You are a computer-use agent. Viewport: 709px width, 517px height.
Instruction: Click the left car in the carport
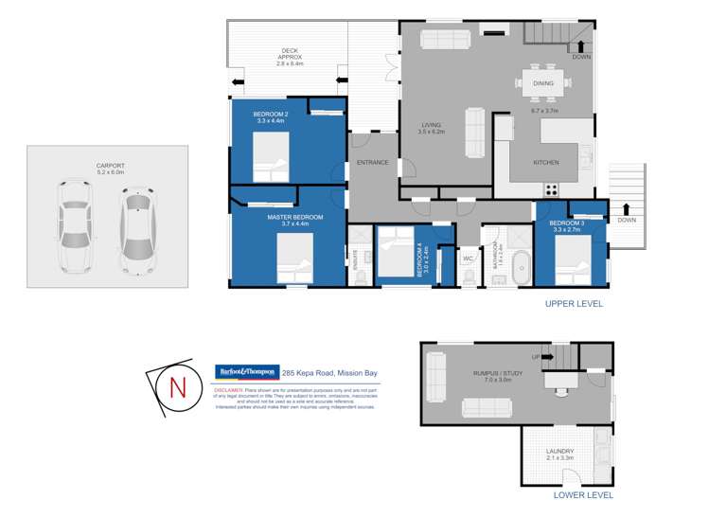[74, 227]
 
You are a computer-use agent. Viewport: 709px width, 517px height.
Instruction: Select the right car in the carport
[137, 232]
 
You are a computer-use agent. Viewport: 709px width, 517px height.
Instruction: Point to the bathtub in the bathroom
[522, 267]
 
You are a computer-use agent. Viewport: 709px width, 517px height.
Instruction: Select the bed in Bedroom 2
[271, 156]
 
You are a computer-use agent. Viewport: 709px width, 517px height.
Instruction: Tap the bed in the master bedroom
[294, 257]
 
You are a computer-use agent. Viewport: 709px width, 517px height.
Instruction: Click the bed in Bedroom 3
[573, 258]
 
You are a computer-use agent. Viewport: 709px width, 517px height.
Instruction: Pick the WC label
[468, 258]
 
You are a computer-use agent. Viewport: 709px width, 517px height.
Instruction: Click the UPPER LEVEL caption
[574, 304]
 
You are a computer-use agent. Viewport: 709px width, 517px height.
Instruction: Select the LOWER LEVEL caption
[582, 494]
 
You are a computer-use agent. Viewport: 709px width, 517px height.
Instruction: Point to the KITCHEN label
[546, 162]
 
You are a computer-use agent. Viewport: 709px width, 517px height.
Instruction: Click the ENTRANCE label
[372, 162]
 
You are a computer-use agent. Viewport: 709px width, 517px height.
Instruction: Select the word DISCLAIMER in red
[229, 389]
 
